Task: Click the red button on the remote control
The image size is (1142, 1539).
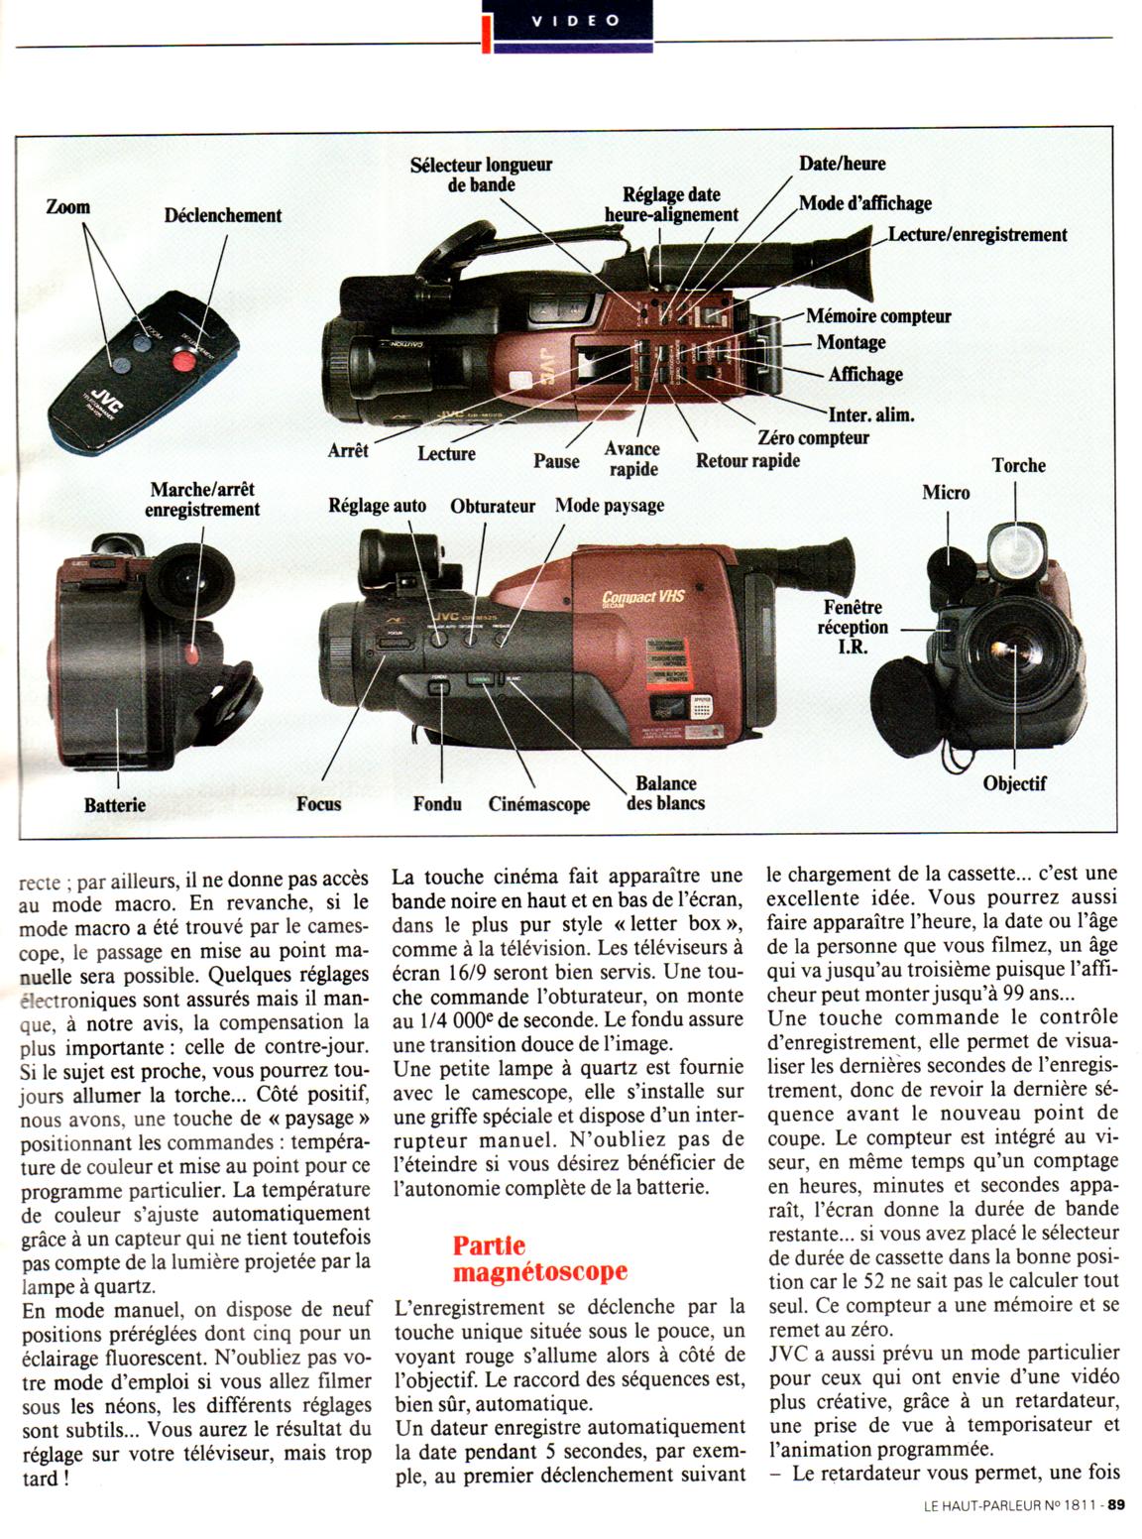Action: (x=182, y=362)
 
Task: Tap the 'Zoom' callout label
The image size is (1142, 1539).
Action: (x=68, y=207)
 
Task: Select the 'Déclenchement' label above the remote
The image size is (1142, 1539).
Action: (x=223, y=215)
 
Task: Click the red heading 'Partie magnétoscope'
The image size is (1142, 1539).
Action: (x=540, y=1258)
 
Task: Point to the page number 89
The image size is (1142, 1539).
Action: (x=1116, y=1504)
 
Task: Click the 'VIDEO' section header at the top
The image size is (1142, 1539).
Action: (x=575, y=20)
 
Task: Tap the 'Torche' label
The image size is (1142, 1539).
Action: (x=1019, y=465)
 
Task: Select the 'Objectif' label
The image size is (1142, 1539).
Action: (x=1015, y=783)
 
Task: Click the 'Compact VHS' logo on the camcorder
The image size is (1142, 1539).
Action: (x=643, y=596)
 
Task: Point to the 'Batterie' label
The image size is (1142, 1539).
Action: (x=115, y=805)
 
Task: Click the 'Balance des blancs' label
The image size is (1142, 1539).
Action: (x=666, y=793)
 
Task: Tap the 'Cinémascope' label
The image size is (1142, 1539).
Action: (x=539, y=804)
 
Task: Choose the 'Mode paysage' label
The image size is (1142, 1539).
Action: (x=610, y=506)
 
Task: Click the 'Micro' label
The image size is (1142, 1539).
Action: (x=946, y=492)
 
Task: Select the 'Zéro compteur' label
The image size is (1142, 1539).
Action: (x=813, y=437)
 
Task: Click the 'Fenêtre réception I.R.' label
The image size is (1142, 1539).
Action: (x=853, y=627)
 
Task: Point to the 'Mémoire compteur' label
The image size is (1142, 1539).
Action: (x=878, y=316)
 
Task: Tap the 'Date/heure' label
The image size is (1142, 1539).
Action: (x=843, y=164)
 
